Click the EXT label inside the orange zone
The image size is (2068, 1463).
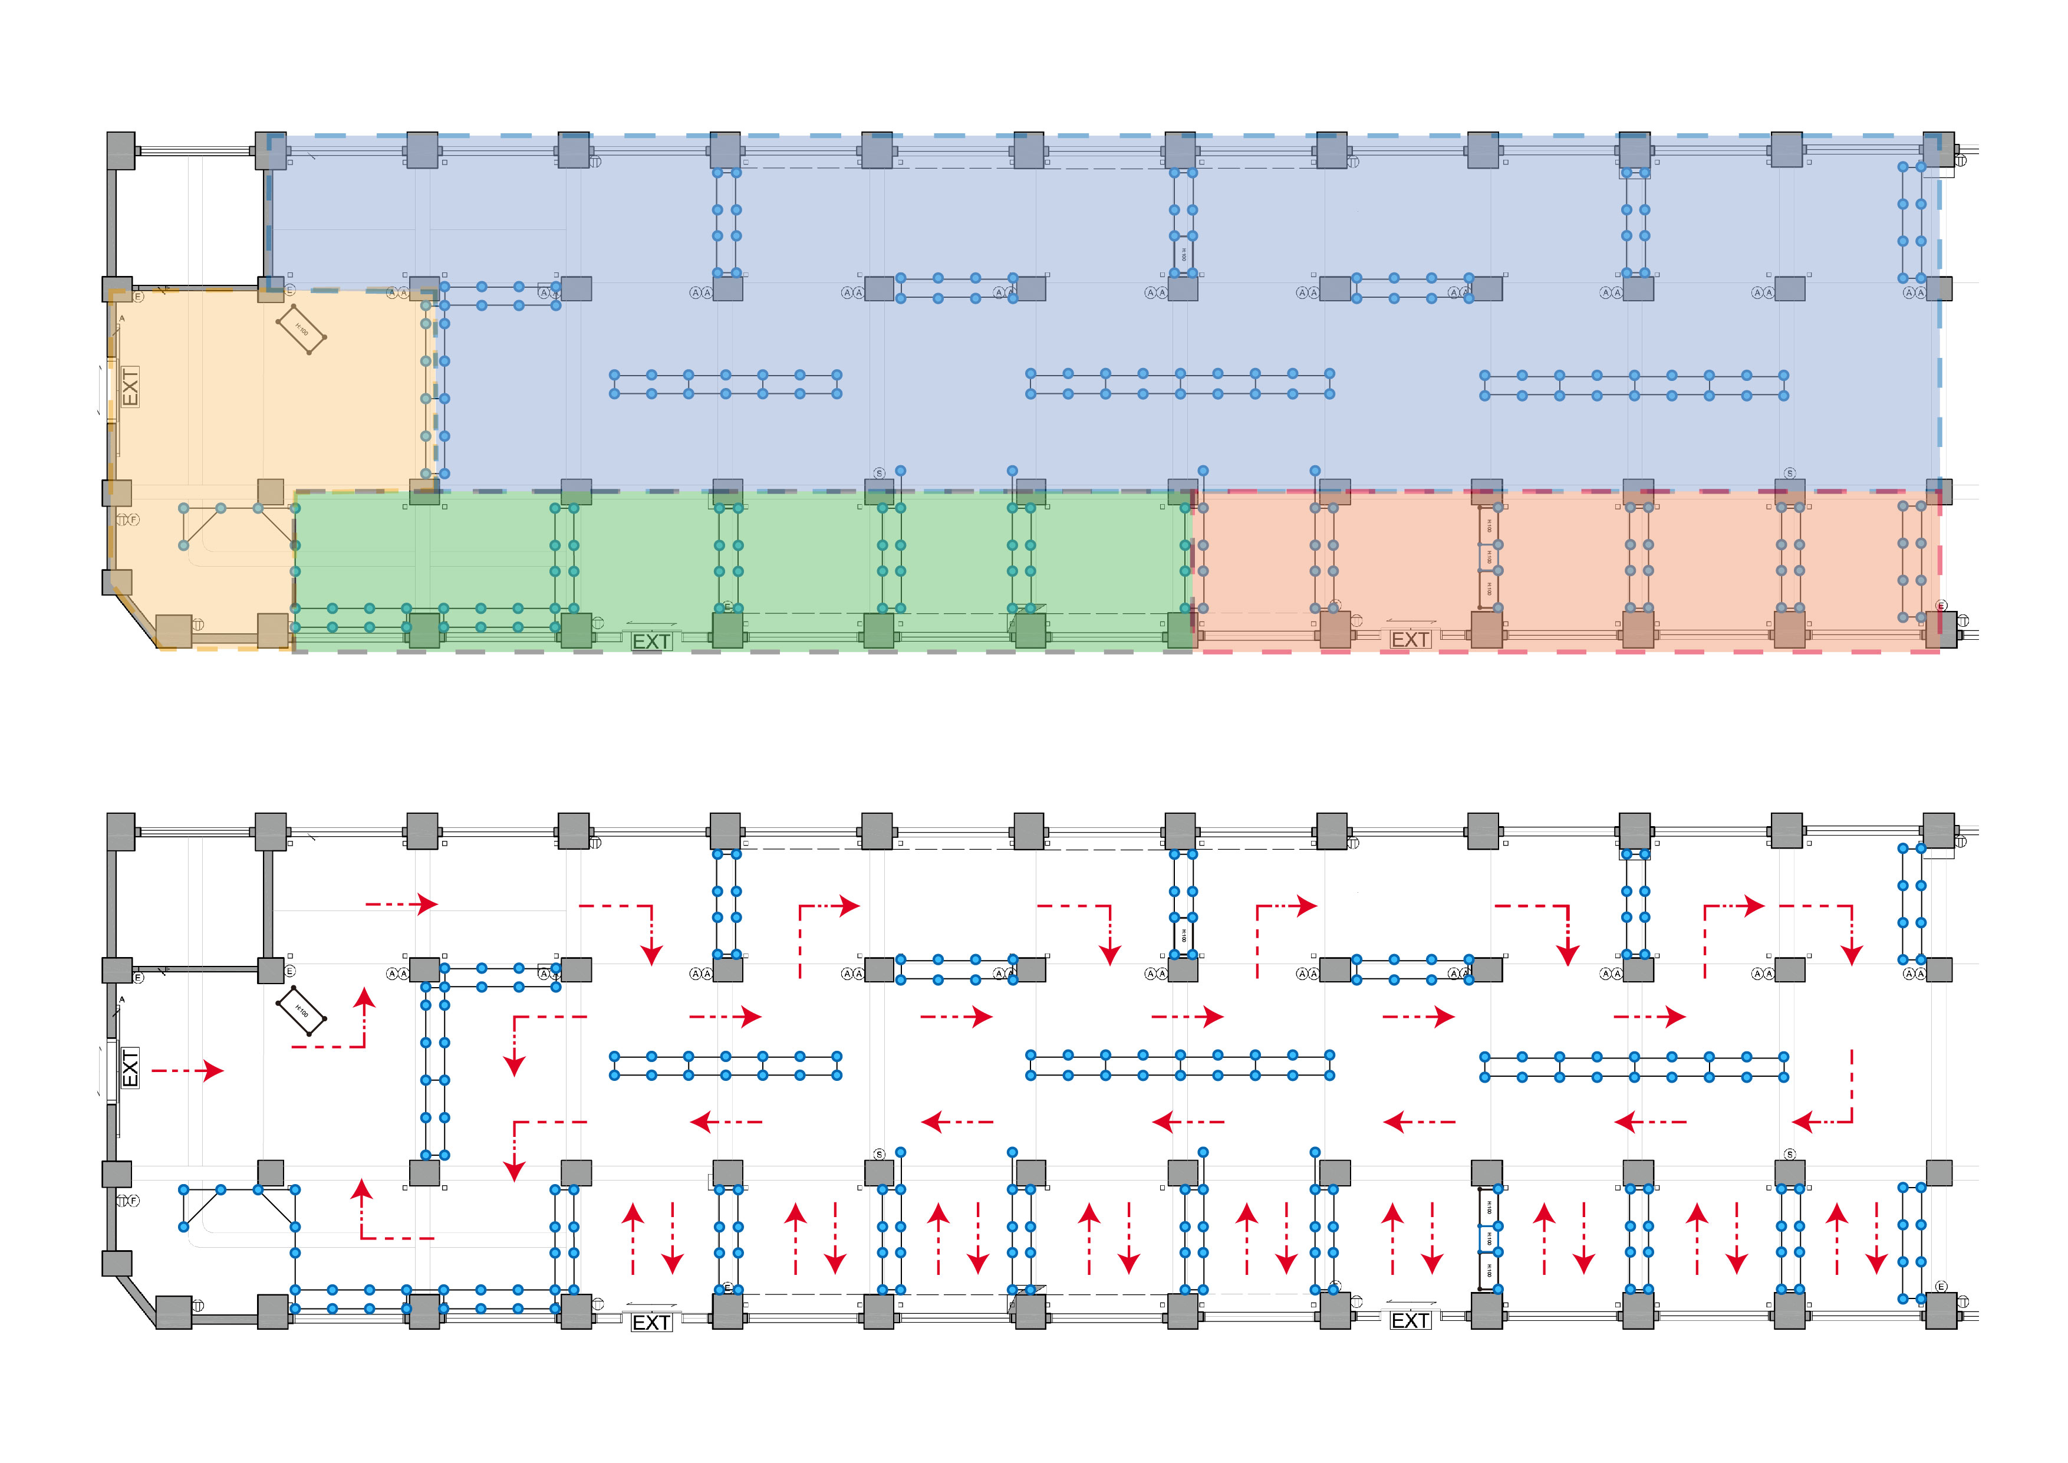pyautogui.click(x=130, y=386)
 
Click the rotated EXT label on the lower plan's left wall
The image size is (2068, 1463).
pyautogui.click(x=130, y=1067)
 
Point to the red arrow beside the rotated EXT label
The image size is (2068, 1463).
pyautogui.click(x=187, y=1070)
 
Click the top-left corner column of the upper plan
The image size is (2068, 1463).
pyautogui.click(x=121, y=150)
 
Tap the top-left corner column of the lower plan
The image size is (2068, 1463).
pyautogui.click(x=121, y=831)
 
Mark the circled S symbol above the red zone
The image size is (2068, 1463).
pyautogui.click(x=1790, y=473)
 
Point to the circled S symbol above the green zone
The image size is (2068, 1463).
pyautogui.click(x=879, y=473)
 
